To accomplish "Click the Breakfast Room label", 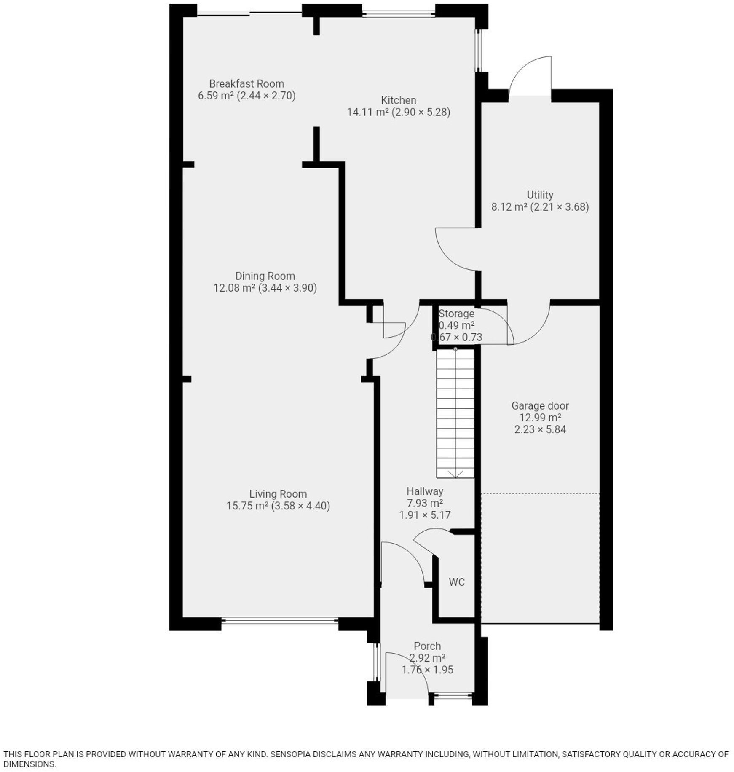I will pyautogui.click(x=246, y=84).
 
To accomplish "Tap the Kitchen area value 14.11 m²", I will pyautogui.click(x=367, y=113).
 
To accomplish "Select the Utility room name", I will pyautogui.click(x=540, y=195).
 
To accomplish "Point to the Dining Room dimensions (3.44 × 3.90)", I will pyautogui.click(x=287, y=288).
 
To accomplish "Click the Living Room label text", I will pyautogui.click(x=278, y=494).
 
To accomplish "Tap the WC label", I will pyautogui.click(x=457, y=582).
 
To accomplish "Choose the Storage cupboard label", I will pyautogui.click(x=456, y=314).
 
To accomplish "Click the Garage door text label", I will pyautogui.click(x=540, y=406).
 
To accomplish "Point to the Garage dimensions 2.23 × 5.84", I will pyautogui.click(x=540, y=430).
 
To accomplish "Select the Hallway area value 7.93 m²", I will pyautogui.click(x=425, y=503).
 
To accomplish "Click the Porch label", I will pyautogui.click(x=427, y=646).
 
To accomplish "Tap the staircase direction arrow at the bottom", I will pyautogui.click(x=455, y=474).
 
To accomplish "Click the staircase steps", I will pyautogui.click(x=455, y=413).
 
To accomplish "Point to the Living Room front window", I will pyautogui.click(x=279, y=620).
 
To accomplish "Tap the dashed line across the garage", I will pyautogui.click(x=540, y=493).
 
